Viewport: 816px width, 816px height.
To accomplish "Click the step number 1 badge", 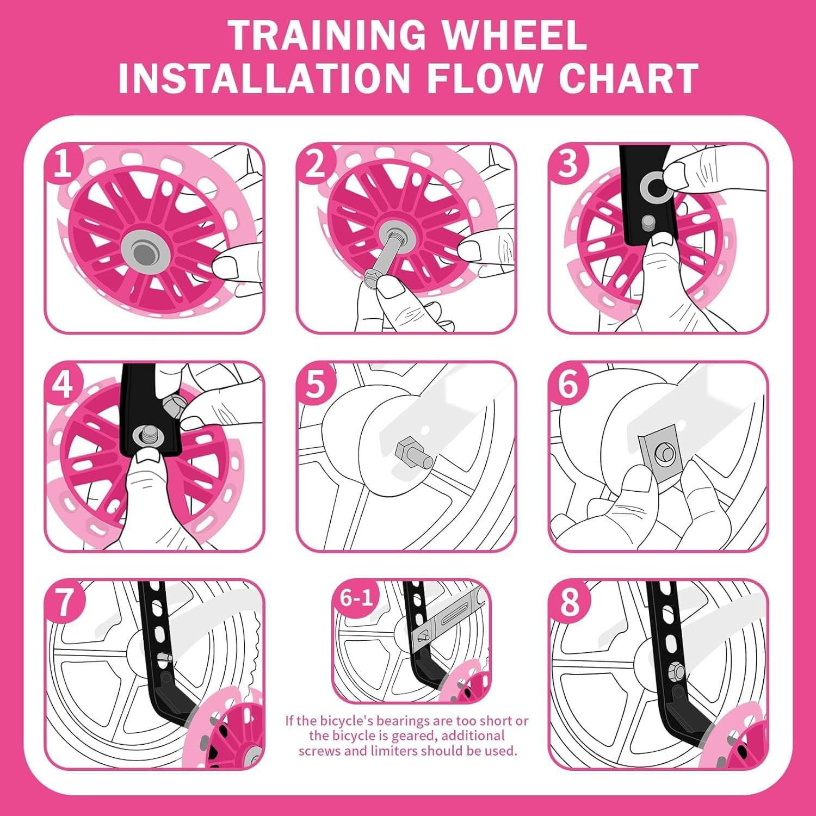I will tap(63, 163).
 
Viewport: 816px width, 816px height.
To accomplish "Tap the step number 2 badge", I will tap(315, 163).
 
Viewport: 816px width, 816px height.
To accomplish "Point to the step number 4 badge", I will tap(63, 384).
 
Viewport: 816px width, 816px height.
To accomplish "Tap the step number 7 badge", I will tap(64, 602).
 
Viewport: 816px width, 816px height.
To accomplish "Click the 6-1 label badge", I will tap(356, 598).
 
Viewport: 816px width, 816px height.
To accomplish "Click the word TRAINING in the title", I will tap(327, 35).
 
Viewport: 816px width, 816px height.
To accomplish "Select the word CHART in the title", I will tap(628, 78).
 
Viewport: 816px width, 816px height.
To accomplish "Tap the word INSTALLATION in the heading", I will tap(263, 78).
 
